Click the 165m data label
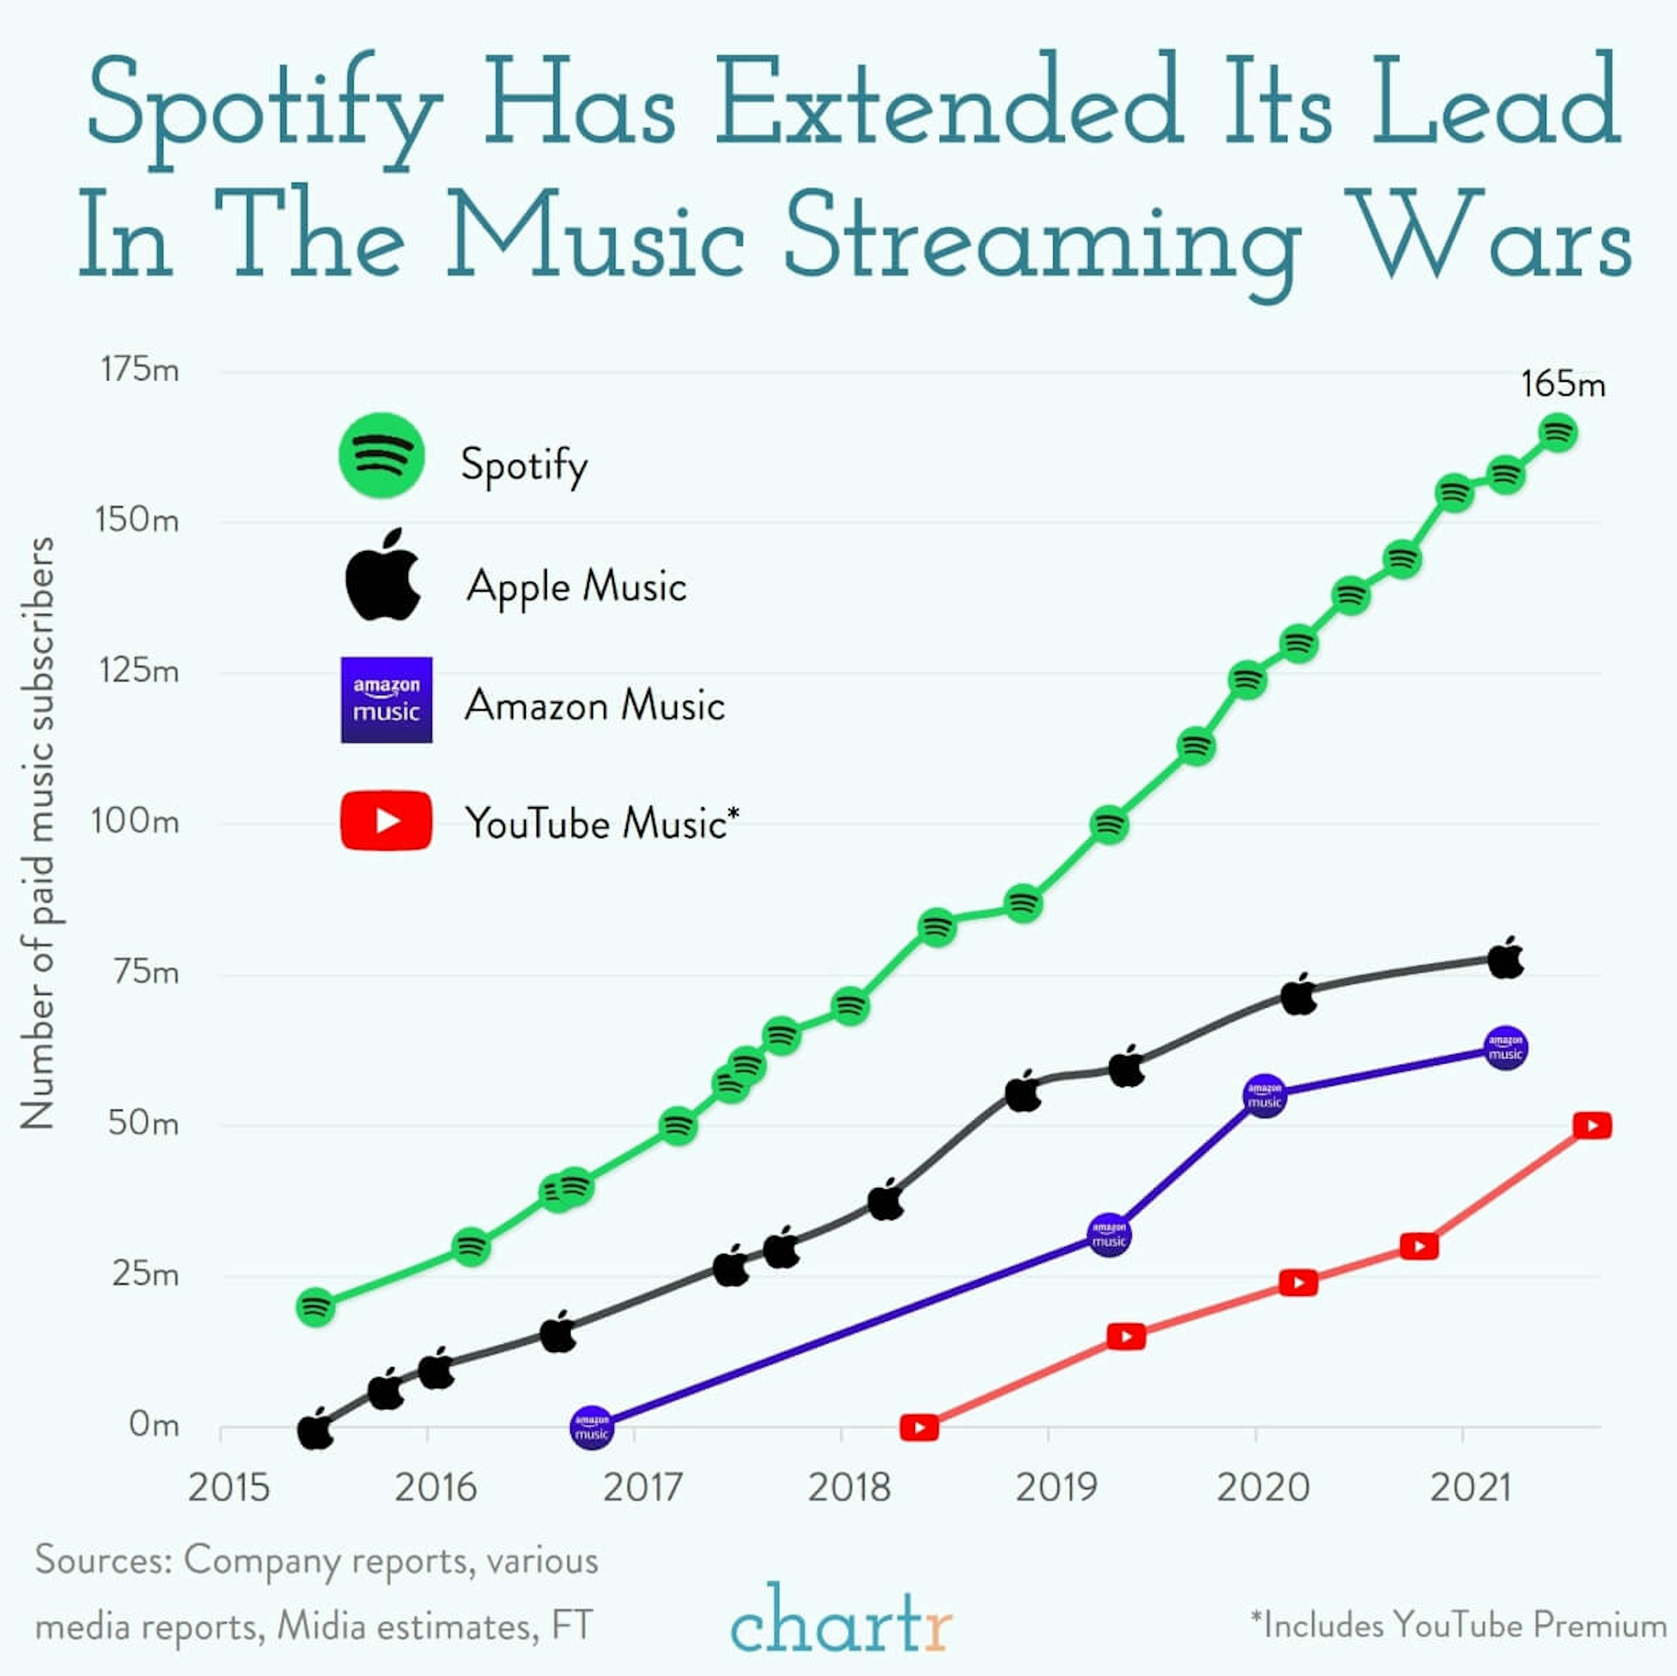point(1563,384)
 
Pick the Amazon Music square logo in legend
point(386,700)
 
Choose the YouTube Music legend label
point(601,822)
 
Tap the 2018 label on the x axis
point(849,1488)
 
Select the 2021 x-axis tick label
point(1470,1488)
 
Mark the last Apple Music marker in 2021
point(1506,960)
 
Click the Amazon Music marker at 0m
point(592,1427)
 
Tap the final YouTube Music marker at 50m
point(1592,1126)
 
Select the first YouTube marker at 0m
point(919,1427)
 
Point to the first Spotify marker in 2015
point(316,1306)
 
